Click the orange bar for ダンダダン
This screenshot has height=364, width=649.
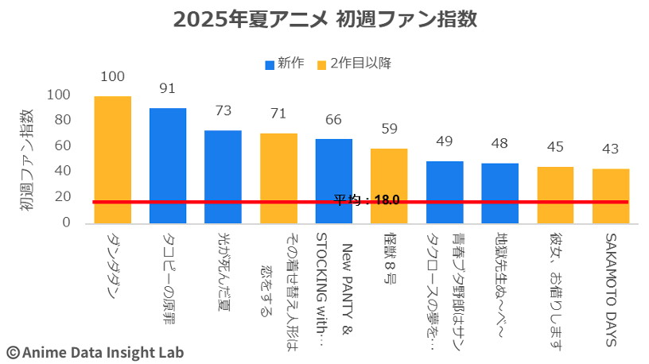coord(113,159)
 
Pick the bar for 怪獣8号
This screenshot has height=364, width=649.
coord(389,185)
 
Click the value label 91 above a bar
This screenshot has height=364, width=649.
coord(168,88)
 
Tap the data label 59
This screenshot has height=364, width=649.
coord(389,129)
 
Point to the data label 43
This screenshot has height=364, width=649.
coord(611,149)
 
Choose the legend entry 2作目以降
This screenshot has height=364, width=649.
coord(353,63)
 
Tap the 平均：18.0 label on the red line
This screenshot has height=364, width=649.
coord(366,200)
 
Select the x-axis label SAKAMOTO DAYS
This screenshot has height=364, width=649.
coord(611,290)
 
